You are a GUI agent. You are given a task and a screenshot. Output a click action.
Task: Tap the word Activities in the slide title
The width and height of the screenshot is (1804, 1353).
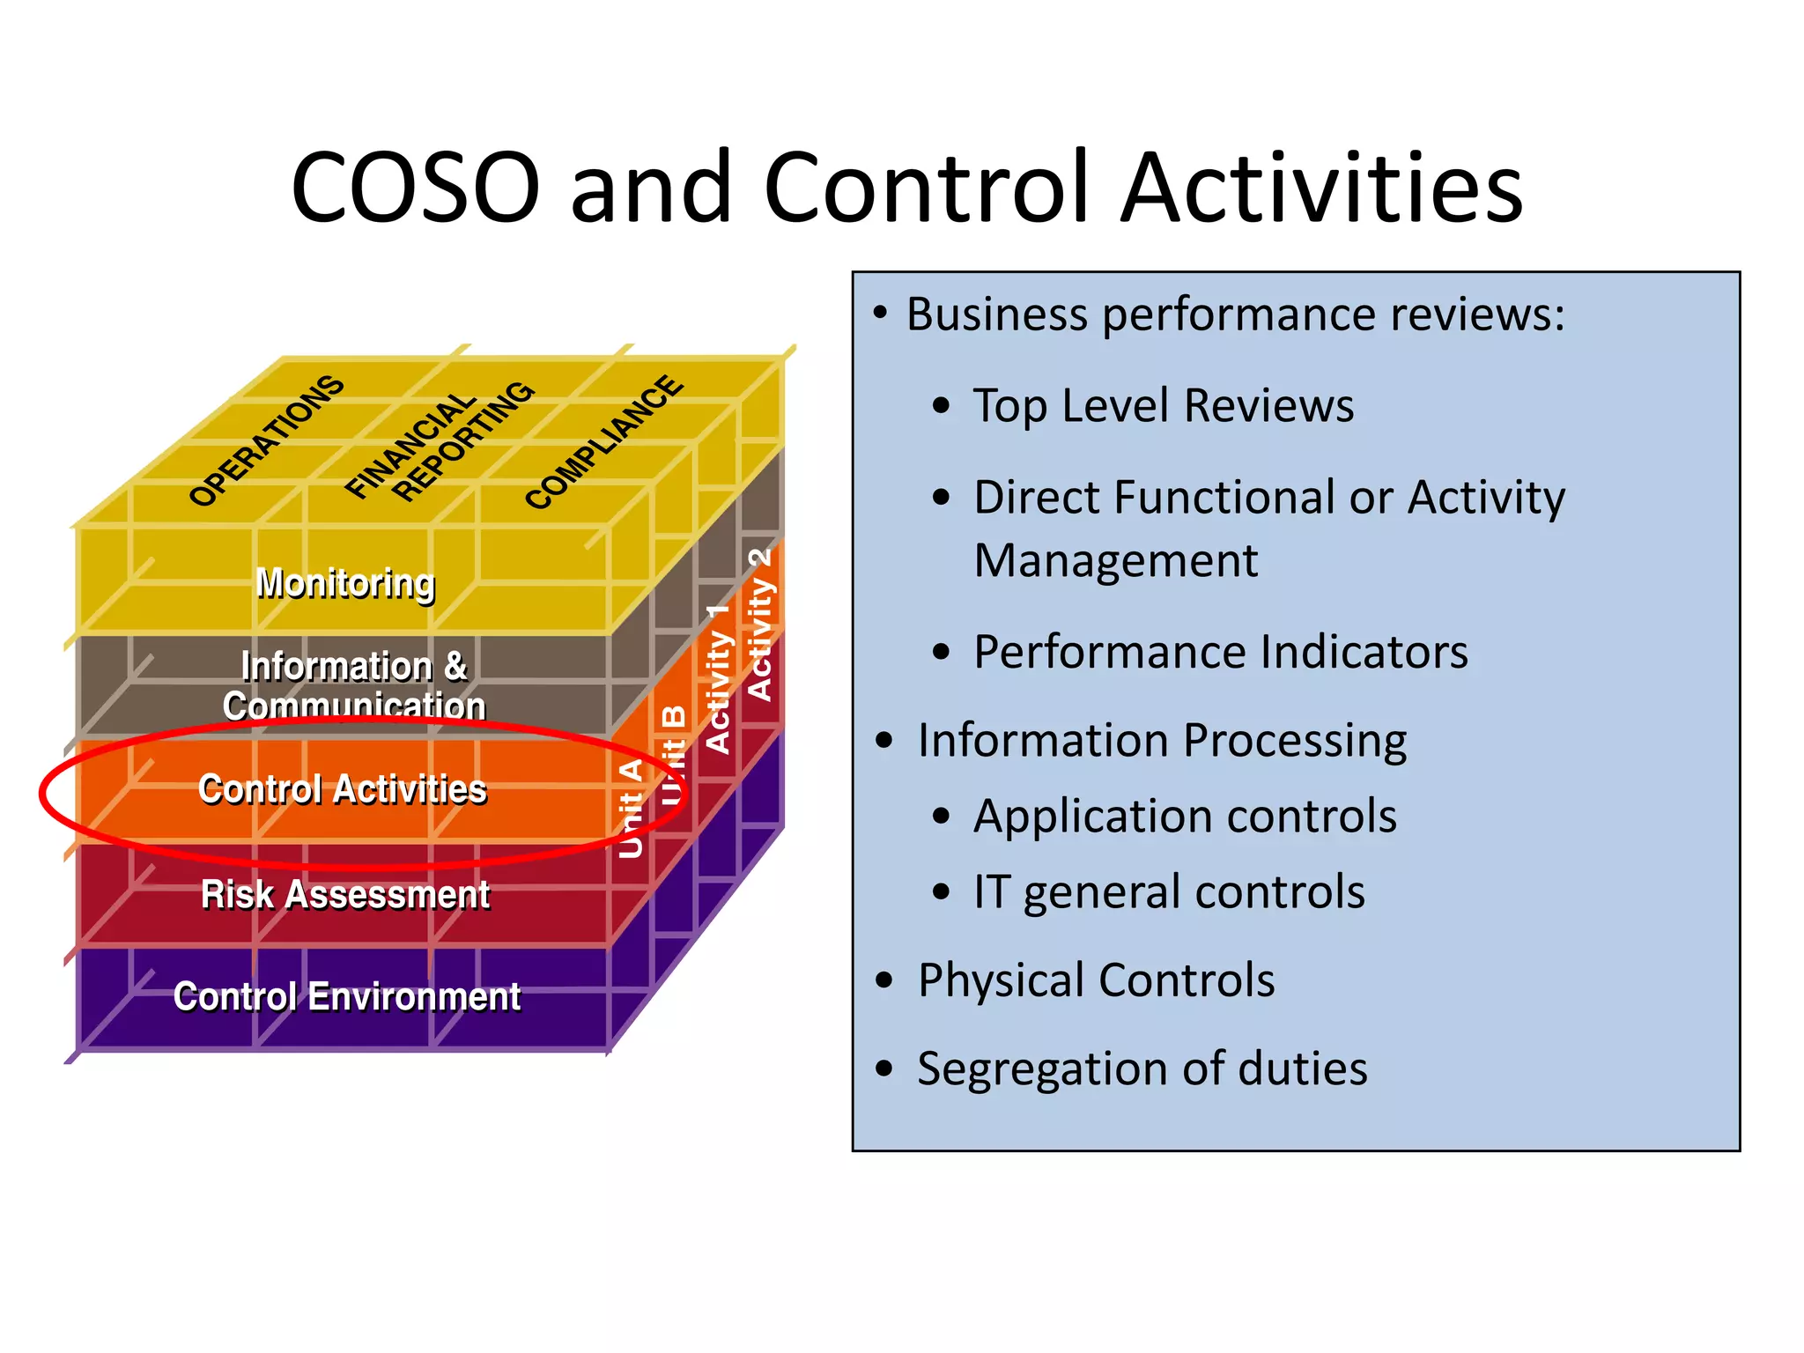(x=1321, y=188)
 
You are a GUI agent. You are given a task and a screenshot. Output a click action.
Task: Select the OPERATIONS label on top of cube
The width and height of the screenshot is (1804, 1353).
(x=266, y=440)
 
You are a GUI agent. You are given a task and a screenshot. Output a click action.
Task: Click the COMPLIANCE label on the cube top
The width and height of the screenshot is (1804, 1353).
(x=603, y=442)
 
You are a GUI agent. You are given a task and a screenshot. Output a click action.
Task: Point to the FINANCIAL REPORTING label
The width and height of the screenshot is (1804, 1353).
(x=439, y=443)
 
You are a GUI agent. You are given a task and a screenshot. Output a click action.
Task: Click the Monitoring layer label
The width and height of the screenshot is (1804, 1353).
(x=345, y=583)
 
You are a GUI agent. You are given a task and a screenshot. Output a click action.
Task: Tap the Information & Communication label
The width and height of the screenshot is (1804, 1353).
(x=353, y=685)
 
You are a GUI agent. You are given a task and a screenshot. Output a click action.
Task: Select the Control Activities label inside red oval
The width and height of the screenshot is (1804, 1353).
(x=343, y=789)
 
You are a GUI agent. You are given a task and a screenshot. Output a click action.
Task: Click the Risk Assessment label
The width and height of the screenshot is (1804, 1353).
(x=345, y=894)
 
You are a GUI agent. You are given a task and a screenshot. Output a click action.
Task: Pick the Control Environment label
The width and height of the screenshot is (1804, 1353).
(x=347, y=997)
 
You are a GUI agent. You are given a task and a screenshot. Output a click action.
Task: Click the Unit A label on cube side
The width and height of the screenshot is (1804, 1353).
(x=631, y=809)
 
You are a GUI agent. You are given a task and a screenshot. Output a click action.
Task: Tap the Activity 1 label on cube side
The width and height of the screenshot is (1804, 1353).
(x=719, y=678)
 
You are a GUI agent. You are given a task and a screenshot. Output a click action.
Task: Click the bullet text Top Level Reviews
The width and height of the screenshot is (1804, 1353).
(x=1163, y=406)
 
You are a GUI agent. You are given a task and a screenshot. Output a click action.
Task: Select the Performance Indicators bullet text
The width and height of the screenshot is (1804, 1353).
(x=1220, y=653)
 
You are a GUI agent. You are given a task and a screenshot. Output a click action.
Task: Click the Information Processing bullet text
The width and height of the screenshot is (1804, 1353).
(x=1161, y=740)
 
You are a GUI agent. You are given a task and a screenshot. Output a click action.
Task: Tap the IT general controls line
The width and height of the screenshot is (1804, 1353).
(x=1168, y=892)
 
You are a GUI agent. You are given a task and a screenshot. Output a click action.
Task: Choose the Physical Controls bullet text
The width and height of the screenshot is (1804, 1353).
(x=1096, y=980)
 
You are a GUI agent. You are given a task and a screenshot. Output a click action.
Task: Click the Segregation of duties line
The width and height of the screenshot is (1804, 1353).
(x=1142, y=1068)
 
